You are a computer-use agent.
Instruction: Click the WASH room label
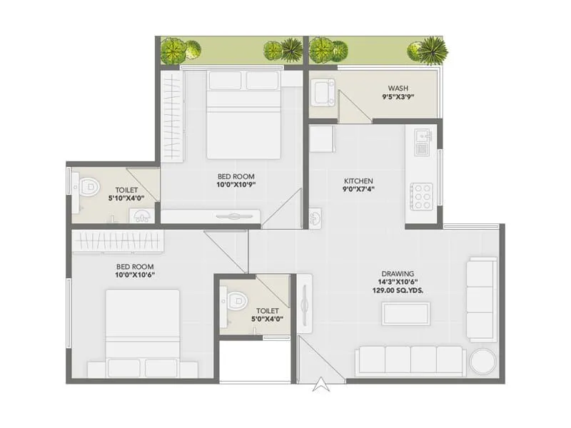coord(398,89)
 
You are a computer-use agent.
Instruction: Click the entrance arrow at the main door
coord(321,385)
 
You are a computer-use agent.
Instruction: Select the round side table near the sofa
coord(482,361)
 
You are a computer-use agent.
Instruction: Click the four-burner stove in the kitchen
coord(422,195)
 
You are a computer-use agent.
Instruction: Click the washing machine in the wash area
coord(323,93)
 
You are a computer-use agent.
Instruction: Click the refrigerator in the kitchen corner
coord(322,138)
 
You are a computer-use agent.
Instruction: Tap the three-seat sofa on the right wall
coord(481,300)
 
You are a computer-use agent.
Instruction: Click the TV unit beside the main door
coord(305,303)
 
